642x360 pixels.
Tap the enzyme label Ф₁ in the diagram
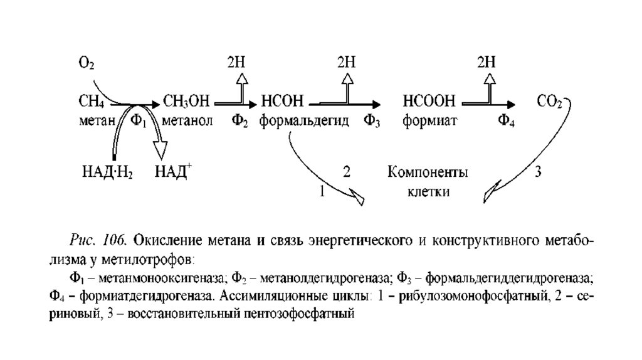coord(138,120)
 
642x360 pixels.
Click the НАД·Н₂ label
coord(107,172)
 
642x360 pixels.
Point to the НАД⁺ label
coord(172,171)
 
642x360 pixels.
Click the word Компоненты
coord(428,172)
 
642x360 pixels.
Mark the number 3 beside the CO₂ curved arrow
coord(537,171)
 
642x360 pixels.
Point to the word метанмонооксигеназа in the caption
coord(154,278)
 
